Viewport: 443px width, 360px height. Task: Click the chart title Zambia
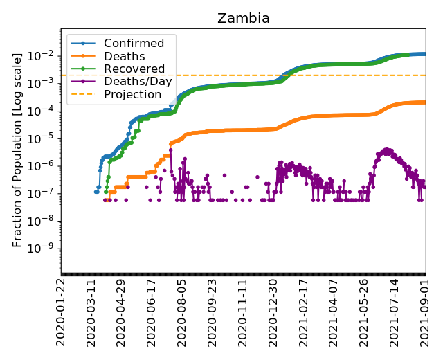click(x=244, y=19)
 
